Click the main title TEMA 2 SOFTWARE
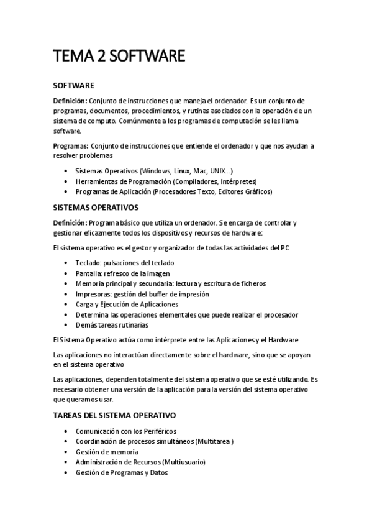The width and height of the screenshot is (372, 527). pyautogui.click(x=119, y=57)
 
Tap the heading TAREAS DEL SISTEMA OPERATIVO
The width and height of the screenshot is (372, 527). pyautogui.click(x=115, y=415)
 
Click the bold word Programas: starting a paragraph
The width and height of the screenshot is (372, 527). pyautogui.click(x=70, y=146)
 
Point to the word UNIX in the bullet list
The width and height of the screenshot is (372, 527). pyautogui.click(x=217, y=170)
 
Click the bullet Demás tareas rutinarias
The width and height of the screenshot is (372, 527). pyautogui.click(x=112, y=325)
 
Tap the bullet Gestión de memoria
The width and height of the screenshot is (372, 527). pyautogui.click(x=107, y=452)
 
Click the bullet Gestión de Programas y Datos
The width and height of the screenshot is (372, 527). pyautogui.click(x=121, y=473)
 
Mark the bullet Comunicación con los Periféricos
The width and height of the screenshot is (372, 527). pyautogui.click(x=125, y=431)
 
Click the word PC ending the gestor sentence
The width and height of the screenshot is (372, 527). pyautogui.click(x=284, y=249)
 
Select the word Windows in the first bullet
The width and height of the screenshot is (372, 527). pyautogui.click(x=157, y=170)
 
